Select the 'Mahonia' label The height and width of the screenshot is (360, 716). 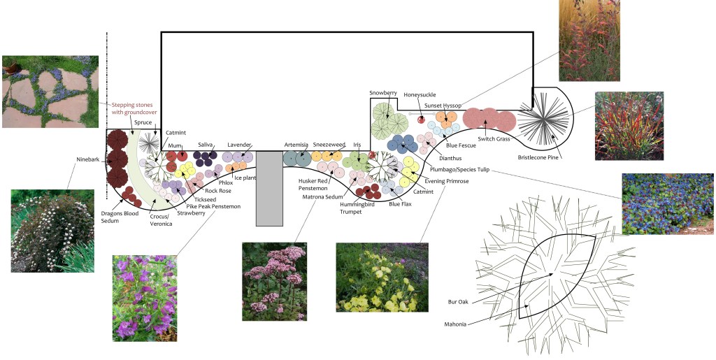click(457, 324)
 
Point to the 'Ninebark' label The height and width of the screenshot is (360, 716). click(88, 159)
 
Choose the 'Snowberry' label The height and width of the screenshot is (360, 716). click(383, 93)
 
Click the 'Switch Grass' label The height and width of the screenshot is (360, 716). click(495, 138)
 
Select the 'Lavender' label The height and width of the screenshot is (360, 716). click(239, 145)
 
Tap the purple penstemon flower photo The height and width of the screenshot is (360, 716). click(145, 298)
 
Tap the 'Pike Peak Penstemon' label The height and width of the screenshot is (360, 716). click(213, 206)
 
